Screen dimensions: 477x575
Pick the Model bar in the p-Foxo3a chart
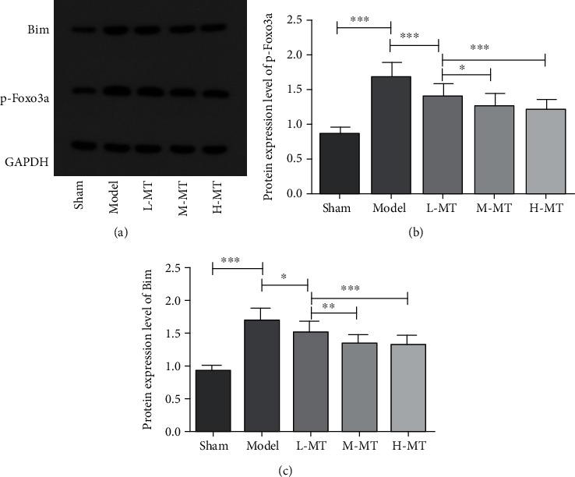point(391,135)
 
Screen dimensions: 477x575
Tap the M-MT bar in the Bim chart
point(358,387)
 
